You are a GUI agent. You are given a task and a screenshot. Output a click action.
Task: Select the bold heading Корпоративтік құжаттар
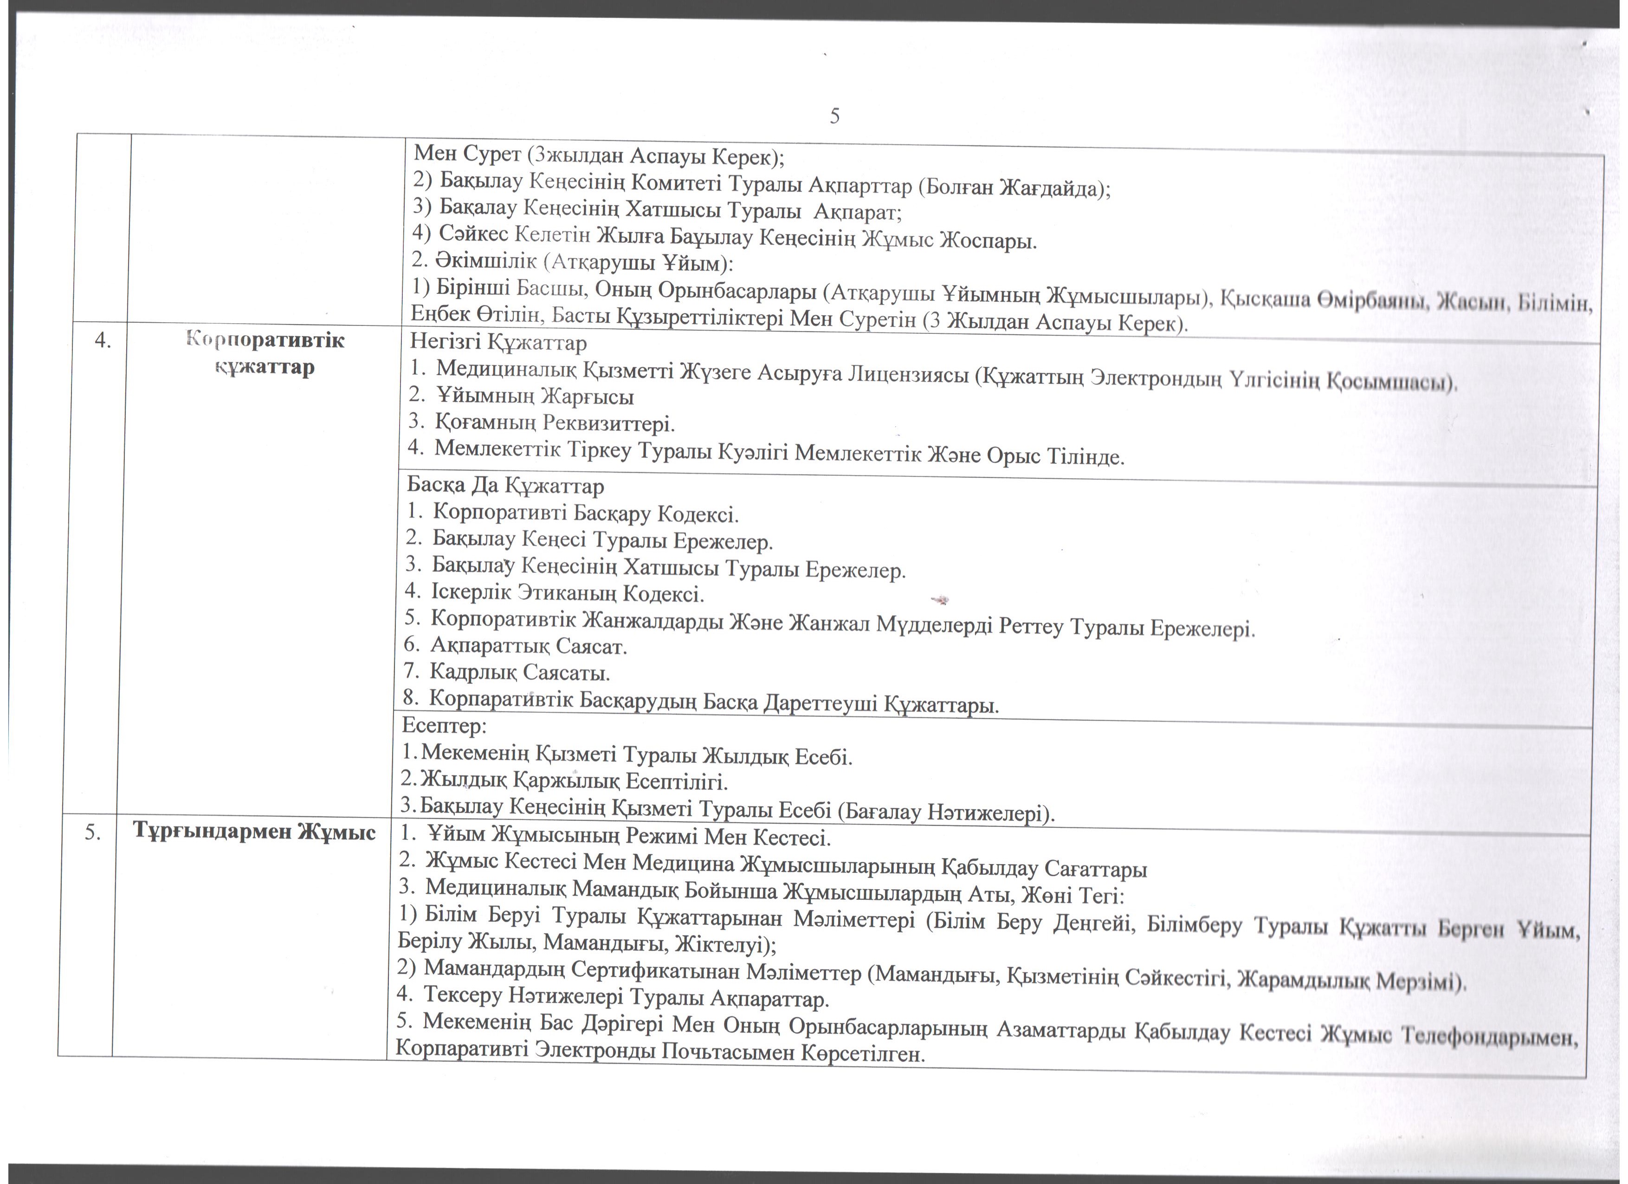tap(265, 353)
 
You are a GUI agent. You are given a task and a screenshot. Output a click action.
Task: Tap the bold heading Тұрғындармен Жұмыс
tap(254, 832)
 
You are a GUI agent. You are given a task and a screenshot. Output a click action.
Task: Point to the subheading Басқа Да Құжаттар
tap(505, 486)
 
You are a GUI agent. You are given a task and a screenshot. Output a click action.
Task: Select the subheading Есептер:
tap(444, 726)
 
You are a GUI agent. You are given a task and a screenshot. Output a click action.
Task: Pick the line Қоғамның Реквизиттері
tap(554, 423)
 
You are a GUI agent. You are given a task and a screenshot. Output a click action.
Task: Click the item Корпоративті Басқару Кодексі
tap(585, 514)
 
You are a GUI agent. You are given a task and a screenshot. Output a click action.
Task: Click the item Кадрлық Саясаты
tap(520, 673)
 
